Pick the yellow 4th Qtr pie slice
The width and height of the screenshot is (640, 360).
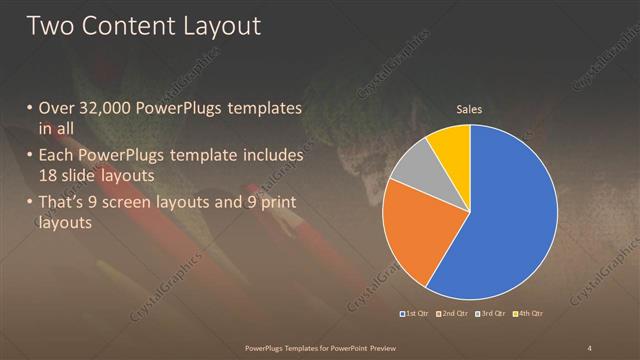pos(450,146)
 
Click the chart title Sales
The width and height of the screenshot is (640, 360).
pos(469,107)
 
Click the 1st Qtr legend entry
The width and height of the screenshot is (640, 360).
pos(415,314)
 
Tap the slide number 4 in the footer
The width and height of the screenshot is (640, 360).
pos(589,347)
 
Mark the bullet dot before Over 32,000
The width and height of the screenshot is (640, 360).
pos(30,108)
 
